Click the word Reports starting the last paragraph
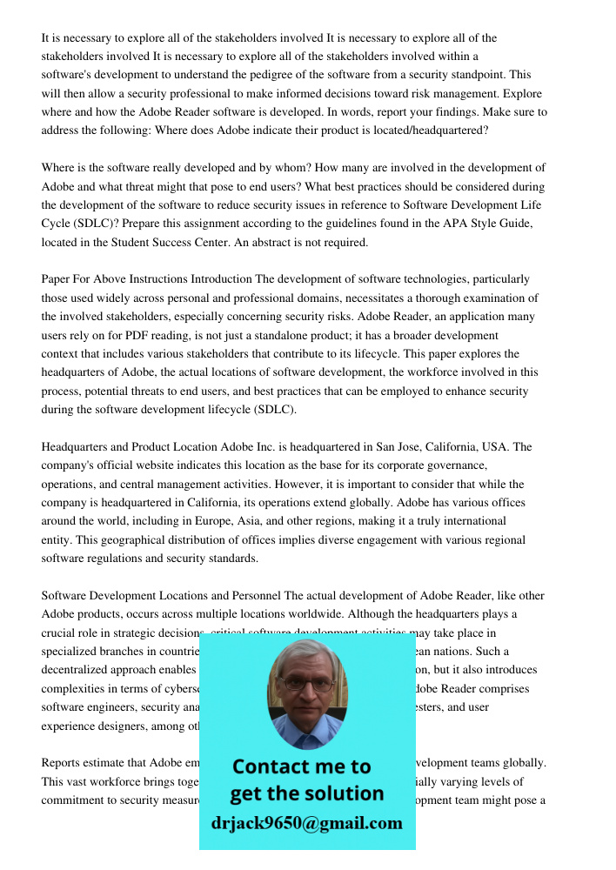click(64, 763)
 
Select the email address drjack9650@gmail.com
click(307, 823)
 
